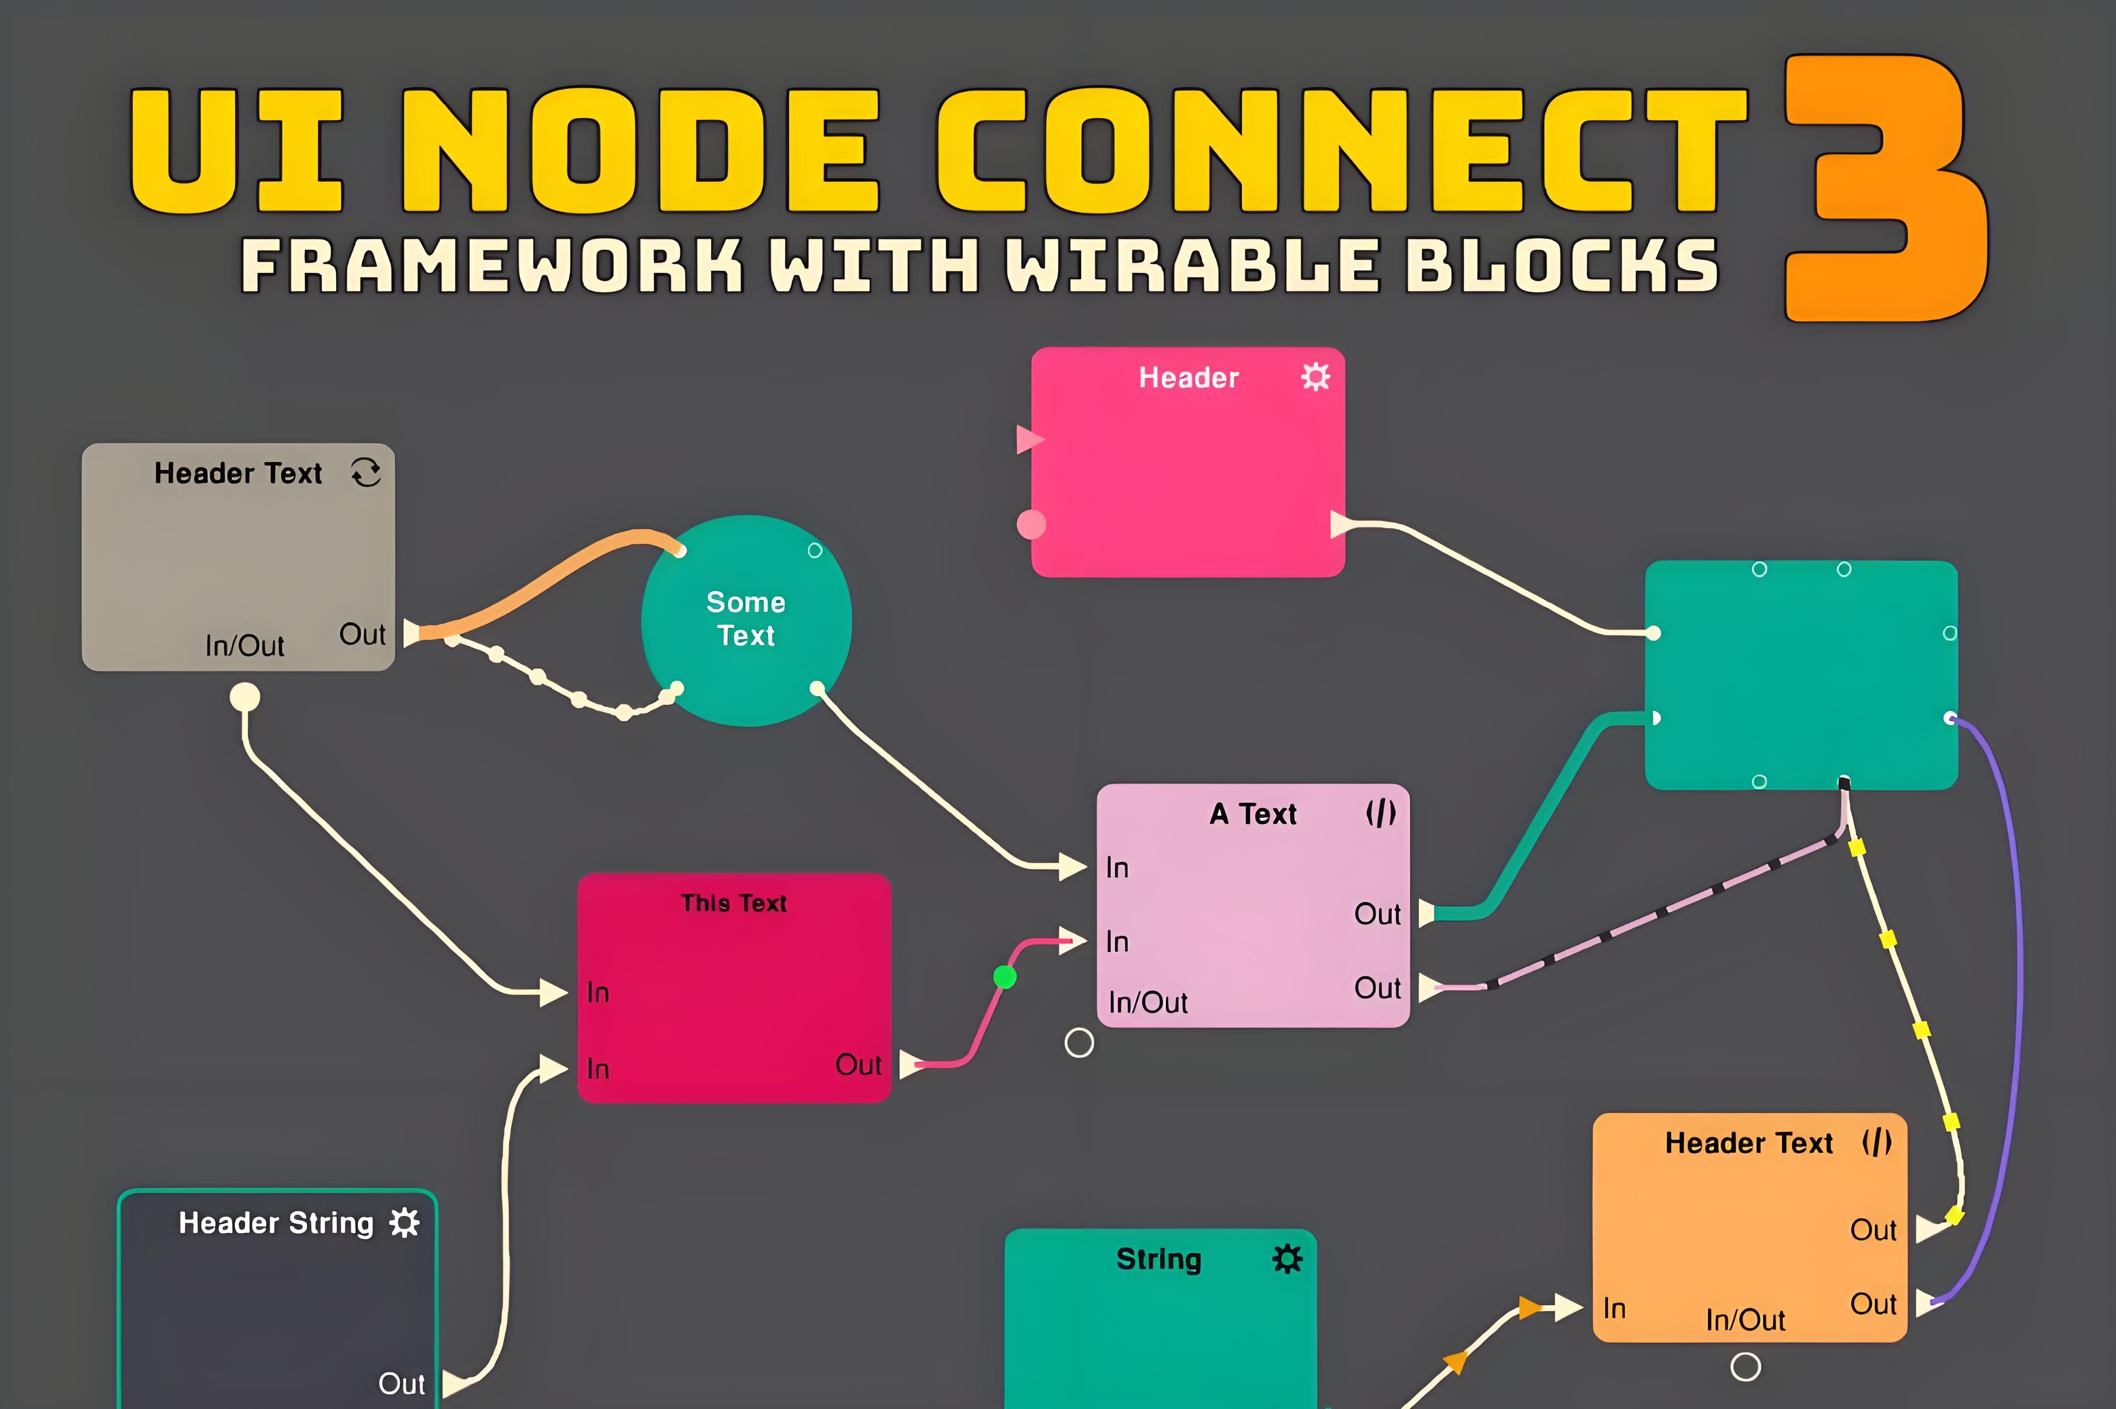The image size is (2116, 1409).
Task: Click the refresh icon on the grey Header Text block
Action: pyautogui.click(x=366, y=472)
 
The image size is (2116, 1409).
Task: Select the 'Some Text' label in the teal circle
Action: pyautogui.click(x=746, y=618)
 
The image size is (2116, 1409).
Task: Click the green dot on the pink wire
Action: pyautogui.click(x=1005, y=977)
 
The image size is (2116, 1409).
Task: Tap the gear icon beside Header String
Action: pyautogui.click(x=404, y=1223)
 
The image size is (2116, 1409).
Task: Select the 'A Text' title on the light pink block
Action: pyautogui.click(x=1253, y=814)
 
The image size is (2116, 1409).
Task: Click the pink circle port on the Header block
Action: pyautogui.click(x=1030, y=524)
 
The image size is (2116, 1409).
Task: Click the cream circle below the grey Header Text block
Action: pyautogui.click(x=244, y=697)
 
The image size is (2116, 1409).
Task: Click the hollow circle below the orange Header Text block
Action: pyautogui.click(x=1745, y=1367)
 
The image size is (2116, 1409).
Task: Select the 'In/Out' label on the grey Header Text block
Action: pyautogui.click(x=244, y=645)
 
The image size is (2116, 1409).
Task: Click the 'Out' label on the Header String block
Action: pyautogui.click(x=401, y=1383)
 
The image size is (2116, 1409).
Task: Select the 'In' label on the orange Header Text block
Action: pyautogui.click(x=1614, y=1309)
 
